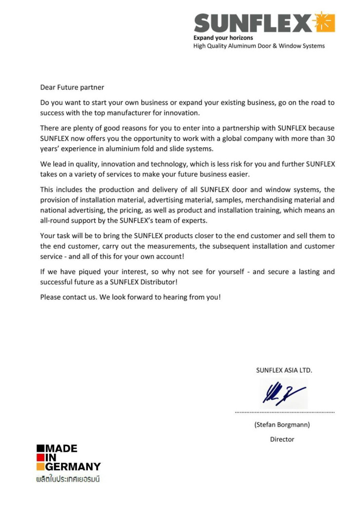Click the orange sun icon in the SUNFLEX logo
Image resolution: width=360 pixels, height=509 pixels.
pyautogui.click(x=324, y=22)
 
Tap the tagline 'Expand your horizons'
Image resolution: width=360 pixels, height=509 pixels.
pyautogui.click(x=223, y=38)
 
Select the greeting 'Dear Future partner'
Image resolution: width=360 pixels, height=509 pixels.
pyautogui.click(x=72, y=87)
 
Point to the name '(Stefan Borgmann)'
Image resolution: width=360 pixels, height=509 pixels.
pyautogui.click(x=282, y=424)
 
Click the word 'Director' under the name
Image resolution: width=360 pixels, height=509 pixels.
pyautogui.click(x=282, y=439)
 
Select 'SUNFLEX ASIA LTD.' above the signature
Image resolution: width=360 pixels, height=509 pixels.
pyautogui.click(x=284, y=370)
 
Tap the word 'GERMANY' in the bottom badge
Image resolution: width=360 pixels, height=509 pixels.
pyautogui.click(x=73, y=467)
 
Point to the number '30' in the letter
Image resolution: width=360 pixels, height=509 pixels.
pyautogui.click(x=331, y=138)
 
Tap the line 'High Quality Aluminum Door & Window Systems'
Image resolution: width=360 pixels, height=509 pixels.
pyautogui.click(x=259, y=46)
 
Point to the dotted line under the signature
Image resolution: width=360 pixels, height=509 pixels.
pyautogui.click(x=285, y=412)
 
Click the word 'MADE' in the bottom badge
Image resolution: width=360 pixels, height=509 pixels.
pyautogui.click(x=62, y=449)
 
